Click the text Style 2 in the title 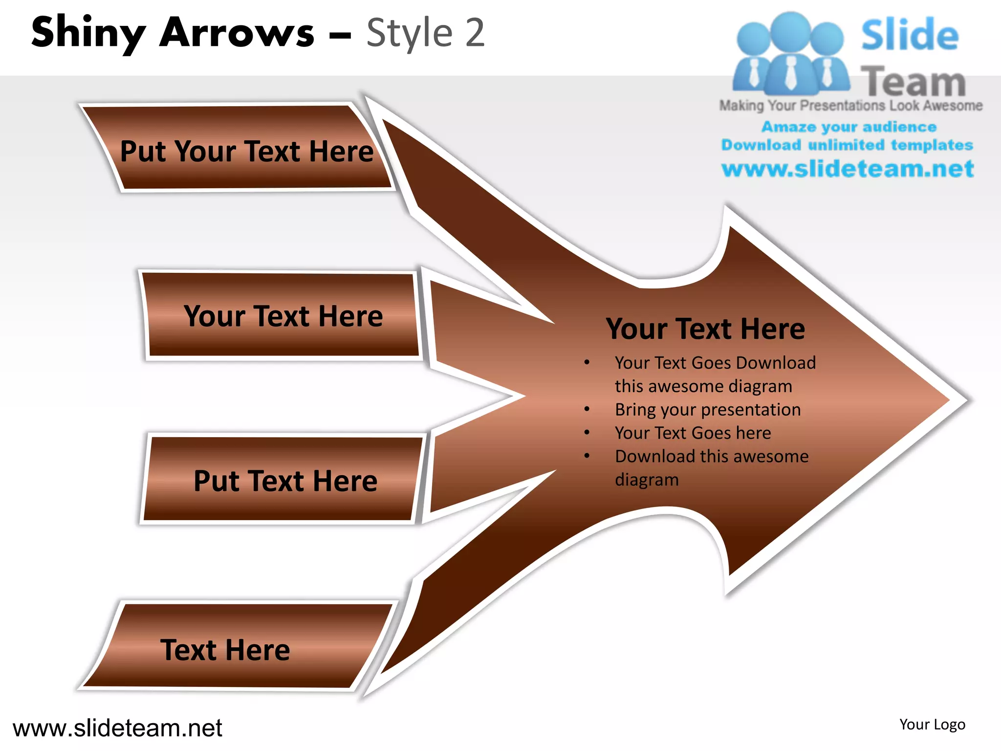(x=425, y=33)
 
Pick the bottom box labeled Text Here (x=225, y=650)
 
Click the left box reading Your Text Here (x=283, y=316)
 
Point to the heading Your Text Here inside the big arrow (x=705, y=329)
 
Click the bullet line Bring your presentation (x=707, y=410)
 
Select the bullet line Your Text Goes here (x=692, y=433)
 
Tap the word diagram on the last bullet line (x=646, y=480)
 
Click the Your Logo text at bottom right (x=932, y=725)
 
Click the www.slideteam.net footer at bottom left (x=117, y=728)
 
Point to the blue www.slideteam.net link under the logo (x=847, y=169)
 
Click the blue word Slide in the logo (x=909, y=35)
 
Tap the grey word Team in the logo (x=913, y=81)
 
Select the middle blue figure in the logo (x=790, y=54)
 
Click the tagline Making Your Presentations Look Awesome (x=850, y=106)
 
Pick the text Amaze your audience (x=849, y=127)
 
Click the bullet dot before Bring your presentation (x=587, y=409)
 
